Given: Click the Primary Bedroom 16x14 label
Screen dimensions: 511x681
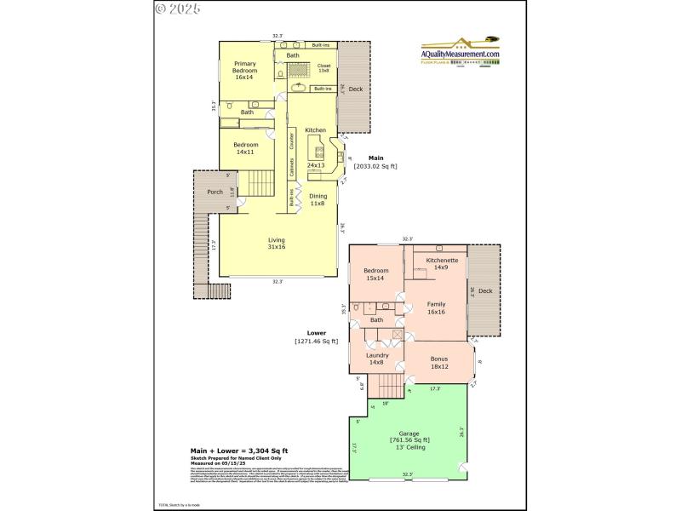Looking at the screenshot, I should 244,72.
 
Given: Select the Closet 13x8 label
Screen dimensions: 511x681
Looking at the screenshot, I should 324,68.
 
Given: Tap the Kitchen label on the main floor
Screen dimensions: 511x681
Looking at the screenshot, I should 316,130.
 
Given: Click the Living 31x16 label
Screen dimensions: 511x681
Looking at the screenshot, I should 277,243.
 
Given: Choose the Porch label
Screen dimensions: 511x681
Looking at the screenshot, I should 215,192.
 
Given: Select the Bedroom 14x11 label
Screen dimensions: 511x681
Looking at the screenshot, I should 245,148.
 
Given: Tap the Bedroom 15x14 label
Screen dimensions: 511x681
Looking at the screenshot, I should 375,274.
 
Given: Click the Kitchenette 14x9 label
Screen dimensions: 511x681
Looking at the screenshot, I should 442,263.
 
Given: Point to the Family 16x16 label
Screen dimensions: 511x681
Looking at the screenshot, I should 436,307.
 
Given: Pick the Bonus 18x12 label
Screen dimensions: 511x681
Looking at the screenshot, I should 439,363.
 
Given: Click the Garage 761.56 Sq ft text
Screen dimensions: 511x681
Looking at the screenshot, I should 409,439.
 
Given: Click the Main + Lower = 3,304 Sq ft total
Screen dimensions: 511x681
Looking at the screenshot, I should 239,451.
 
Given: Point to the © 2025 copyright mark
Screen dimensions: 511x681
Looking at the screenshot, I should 178,9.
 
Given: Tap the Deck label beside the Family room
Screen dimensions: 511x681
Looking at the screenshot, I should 484,291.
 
